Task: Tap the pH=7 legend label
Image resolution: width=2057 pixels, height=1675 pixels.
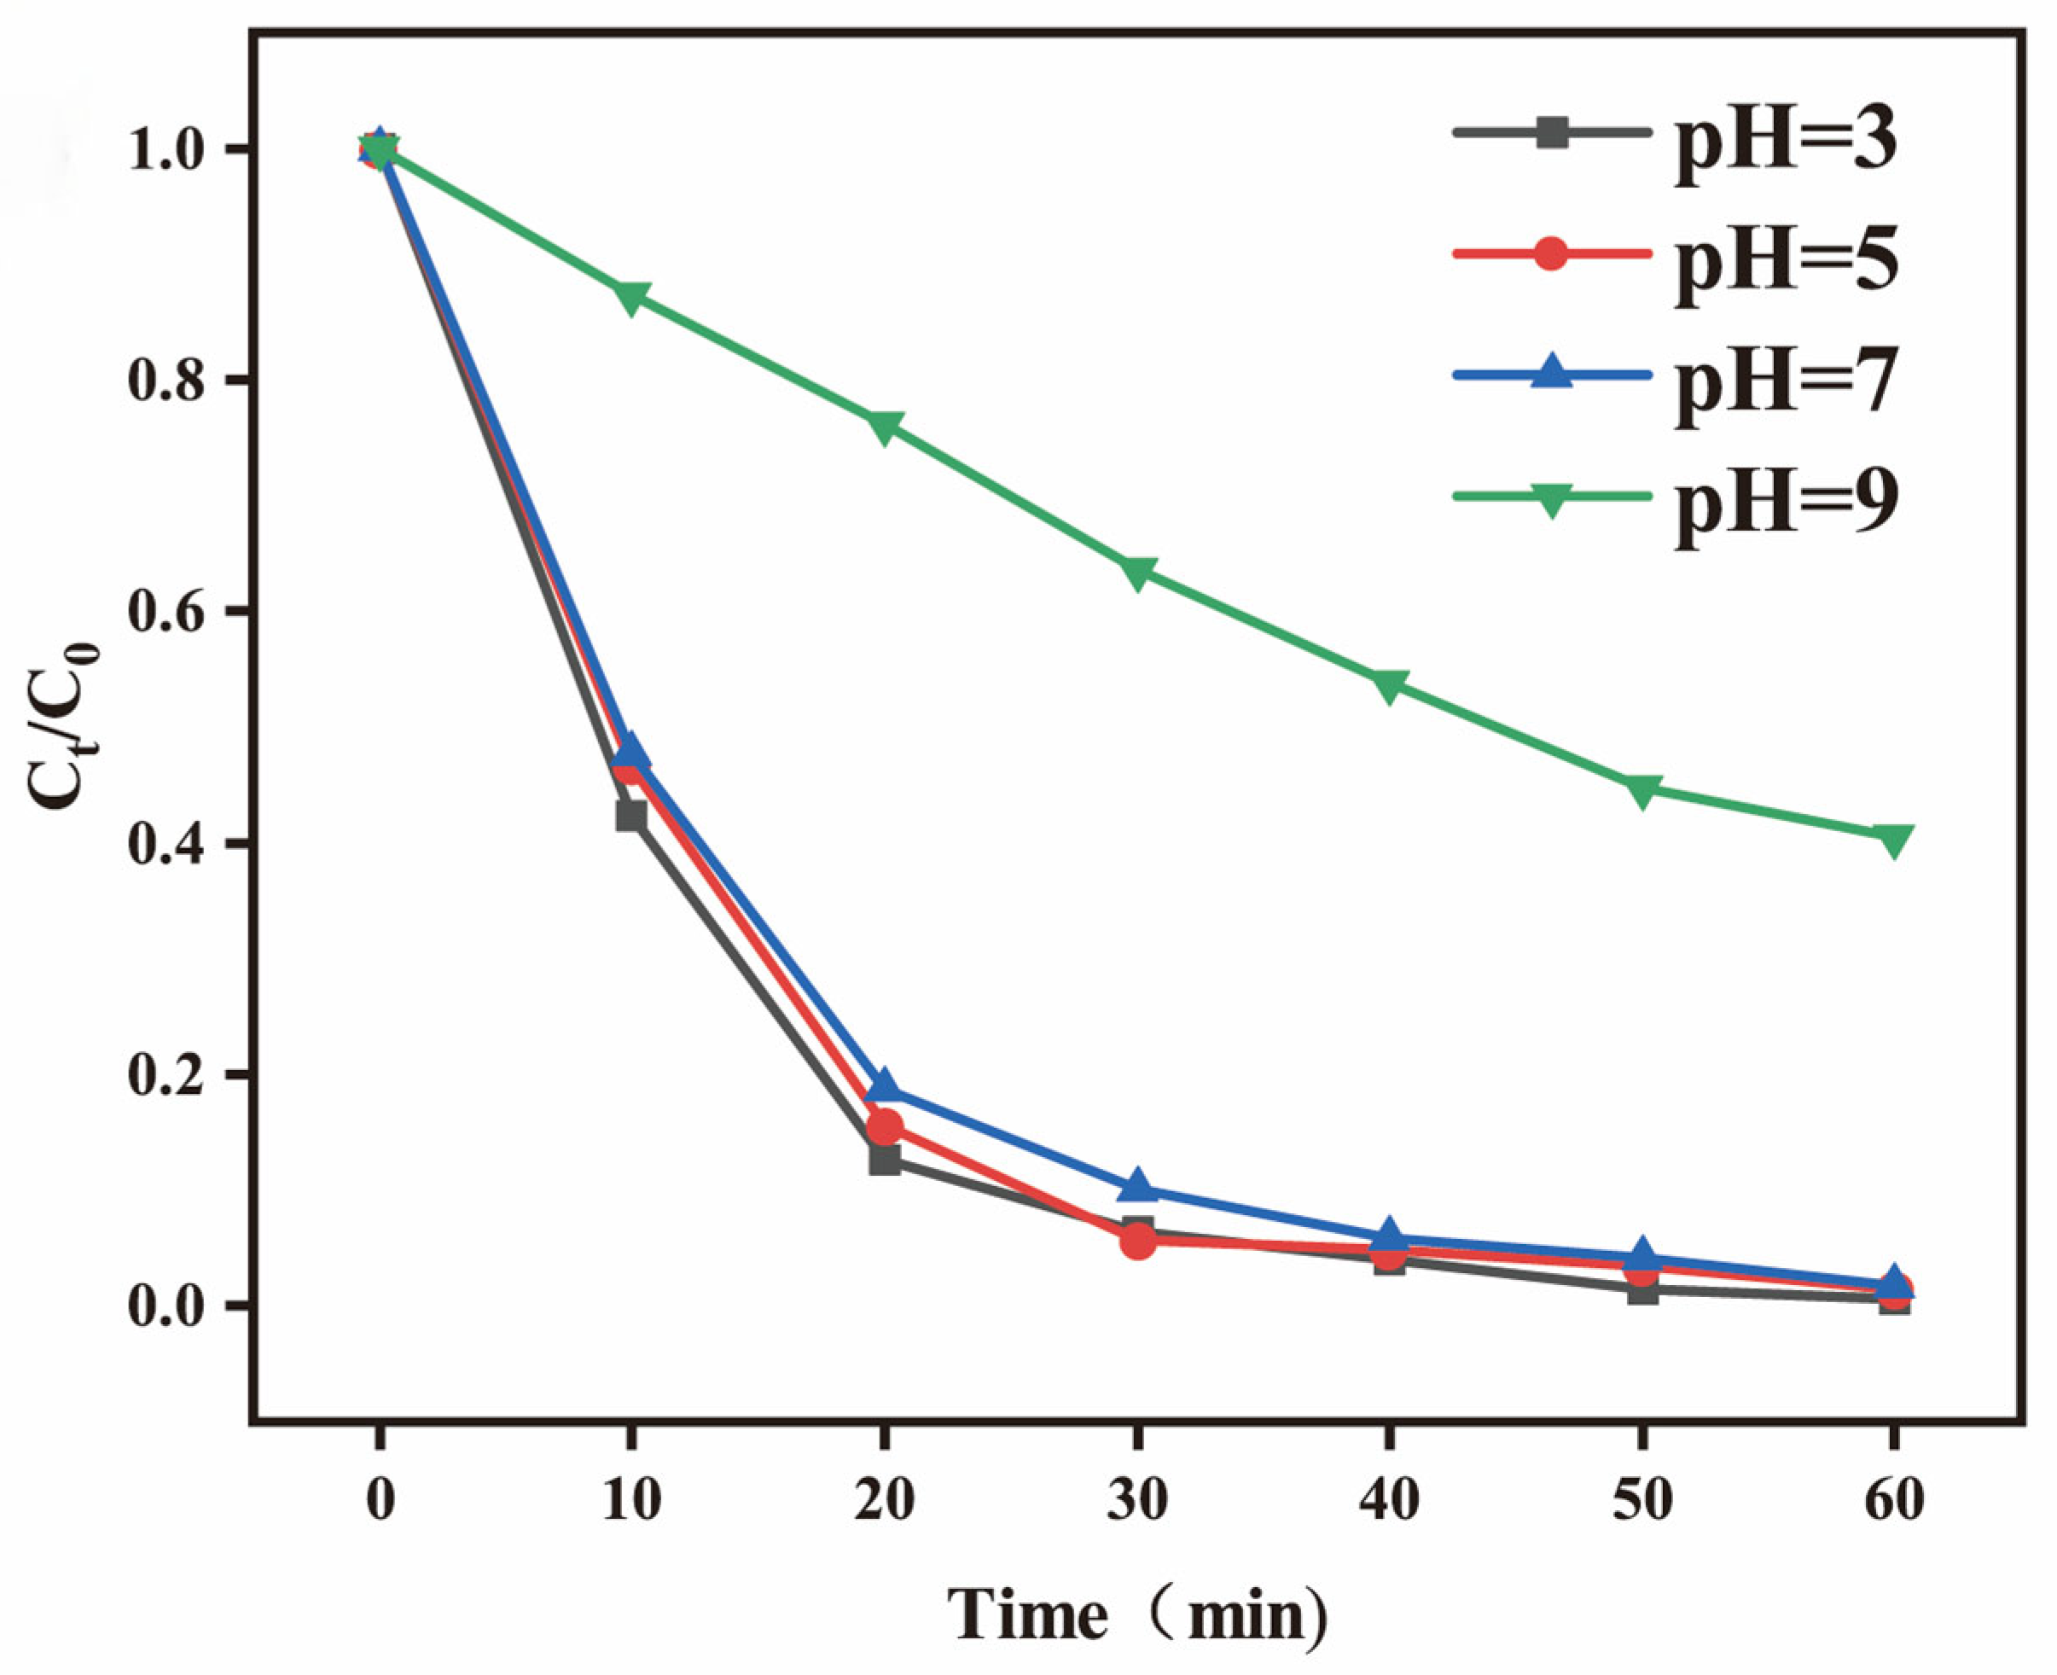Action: pyautogui.click(x=1785, y=384)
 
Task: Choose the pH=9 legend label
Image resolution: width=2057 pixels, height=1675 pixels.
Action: pyautogui.click(x=1785, y=506)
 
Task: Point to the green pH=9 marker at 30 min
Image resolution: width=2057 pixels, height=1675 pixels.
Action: pyautogui.click(x=1137, y=573)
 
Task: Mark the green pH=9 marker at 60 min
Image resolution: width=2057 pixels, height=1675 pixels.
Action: pyautogui.click(x=1894, y=840)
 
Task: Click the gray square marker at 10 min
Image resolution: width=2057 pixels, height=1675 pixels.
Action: pyautogui.click(x=631, y=815)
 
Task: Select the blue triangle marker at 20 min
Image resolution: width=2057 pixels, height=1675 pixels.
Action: pyautogui.click(x=884, y=1087)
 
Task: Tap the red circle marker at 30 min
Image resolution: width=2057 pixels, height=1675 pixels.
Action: pyautogui.click(x=1137, y=1241)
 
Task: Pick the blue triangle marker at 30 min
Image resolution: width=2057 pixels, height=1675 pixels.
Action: pyautogui.click(x=1137, y=1186)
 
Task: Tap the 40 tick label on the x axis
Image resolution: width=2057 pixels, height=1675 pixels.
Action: pyautogui.click(x=1389, y=1500)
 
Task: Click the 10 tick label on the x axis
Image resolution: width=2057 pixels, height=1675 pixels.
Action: pyautogui.click(x=631, y=1500)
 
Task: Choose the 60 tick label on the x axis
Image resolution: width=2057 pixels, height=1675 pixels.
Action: pyautogui.click(x=1894, y=1500)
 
